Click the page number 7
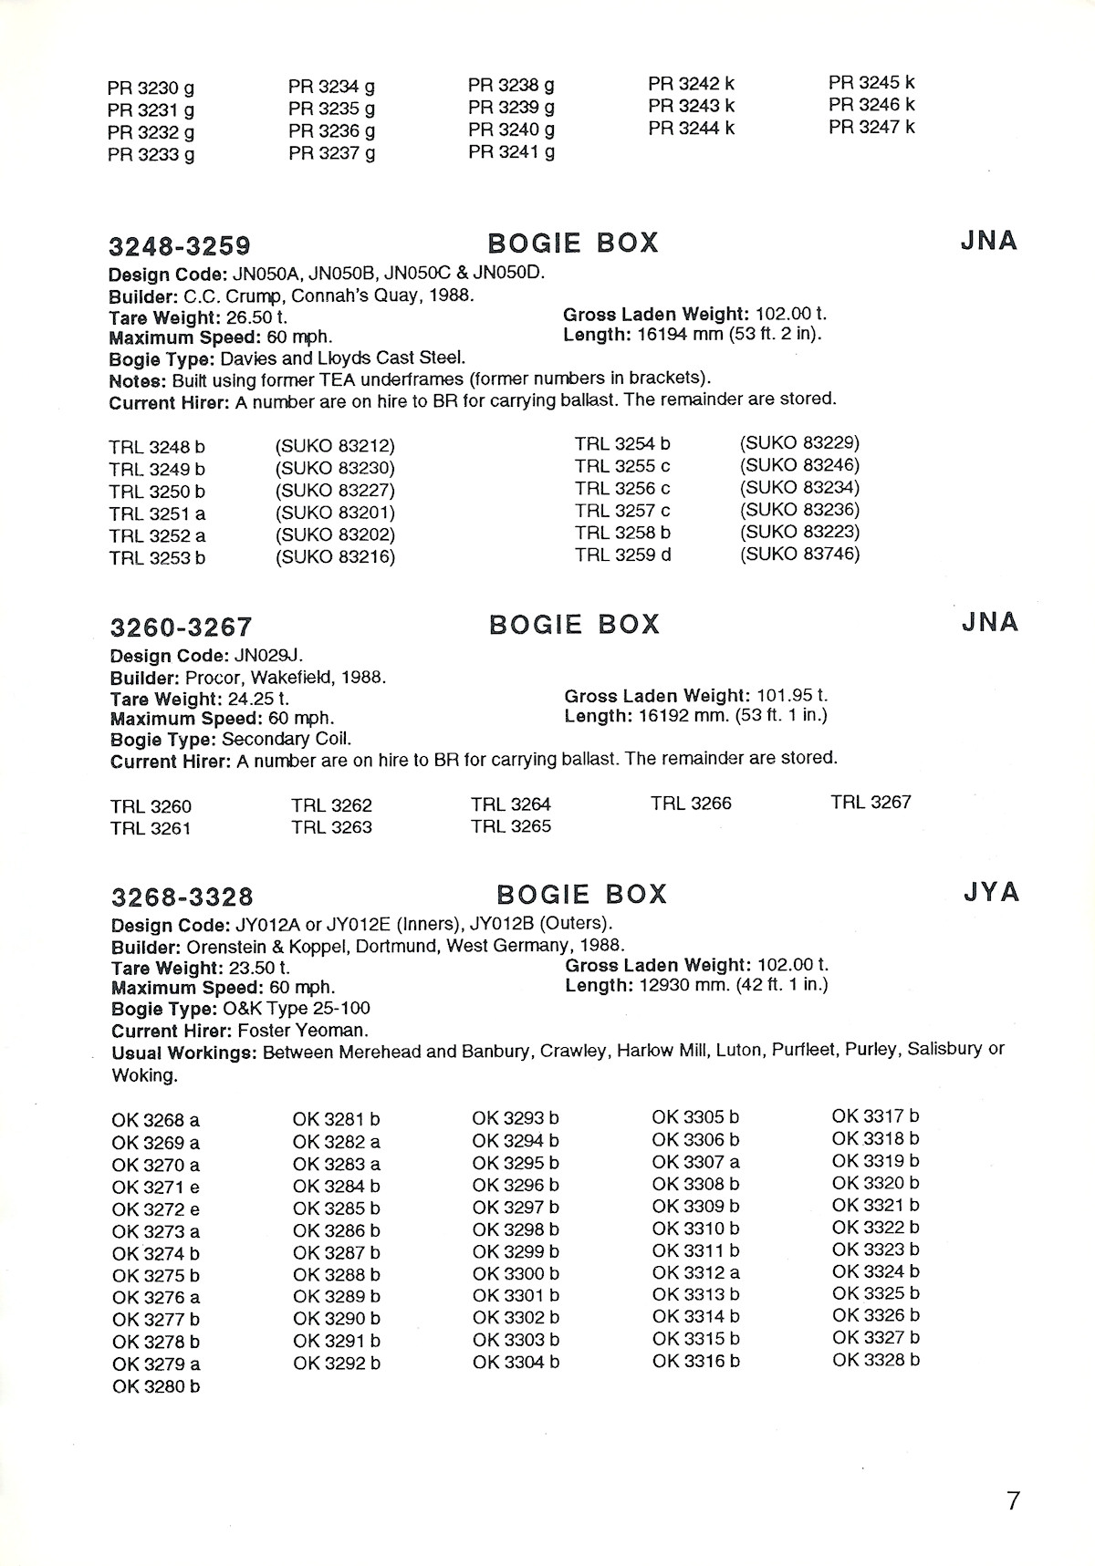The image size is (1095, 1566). tap(1013, 1500)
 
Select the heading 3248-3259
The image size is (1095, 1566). tap(180, 246)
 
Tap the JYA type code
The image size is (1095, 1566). tap(991, 891)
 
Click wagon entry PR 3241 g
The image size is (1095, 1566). tap(511, 151)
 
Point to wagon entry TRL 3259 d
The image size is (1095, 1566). tap(622, 554)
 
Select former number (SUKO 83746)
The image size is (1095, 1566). tap(799, 554)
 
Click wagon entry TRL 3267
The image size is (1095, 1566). tap(871, 803)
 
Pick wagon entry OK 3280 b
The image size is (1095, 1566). tap(156, 1386)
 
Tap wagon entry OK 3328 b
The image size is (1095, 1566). tap(876, 1360)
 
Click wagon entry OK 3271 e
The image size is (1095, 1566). tap(156, 1187)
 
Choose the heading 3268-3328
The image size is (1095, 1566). tap(182, 897)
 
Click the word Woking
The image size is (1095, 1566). tap(142, 1075)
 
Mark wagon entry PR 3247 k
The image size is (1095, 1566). tap(871, 128)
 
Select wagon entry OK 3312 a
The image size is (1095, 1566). tap(695, 1272)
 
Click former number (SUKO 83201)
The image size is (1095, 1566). tap(335, 513)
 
